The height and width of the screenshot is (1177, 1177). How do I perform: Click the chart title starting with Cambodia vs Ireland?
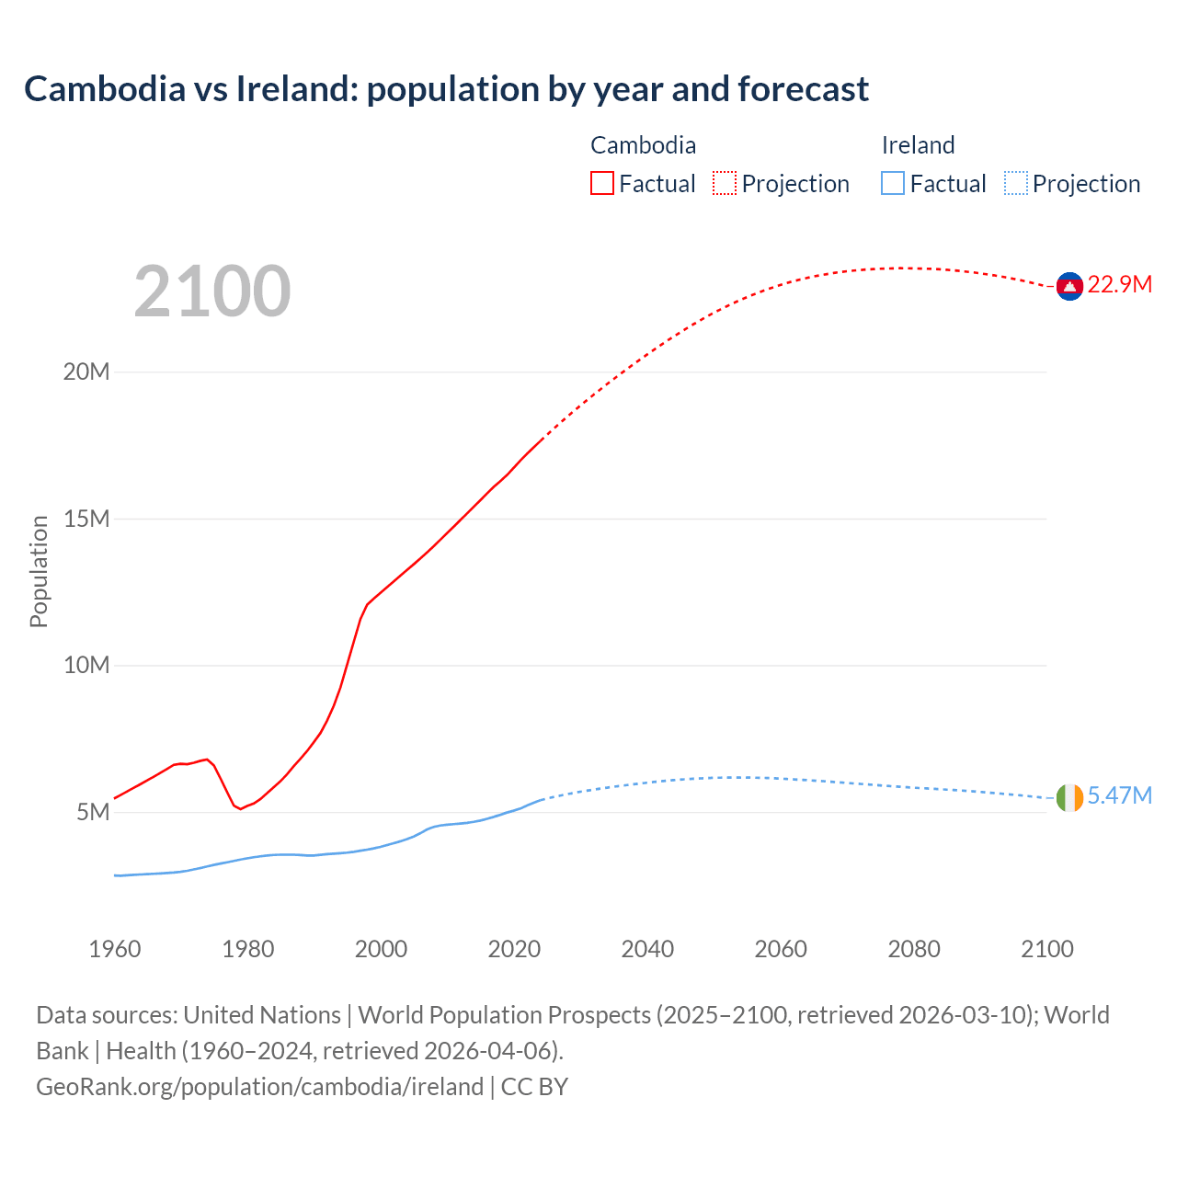(446, 89)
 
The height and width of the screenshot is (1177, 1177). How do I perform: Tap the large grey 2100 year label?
(212, 291)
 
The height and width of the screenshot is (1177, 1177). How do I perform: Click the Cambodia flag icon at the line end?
(1069, 287)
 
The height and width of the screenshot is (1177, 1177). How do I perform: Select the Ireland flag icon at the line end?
(1069, 798)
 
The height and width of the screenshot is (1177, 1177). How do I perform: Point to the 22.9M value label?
(1119, 285)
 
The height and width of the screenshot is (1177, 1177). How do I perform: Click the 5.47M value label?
(1119, 796)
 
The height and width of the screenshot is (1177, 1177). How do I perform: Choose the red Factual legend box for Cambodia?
(602, 184)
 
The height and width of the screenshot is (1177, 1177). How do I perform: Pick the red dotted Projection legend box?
(725, 184)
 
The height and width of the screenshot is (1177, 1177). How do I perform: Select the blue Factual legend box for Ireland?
(893, 184)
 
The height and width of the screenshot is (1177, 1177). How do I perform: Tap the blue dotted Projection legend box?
(1016, 184)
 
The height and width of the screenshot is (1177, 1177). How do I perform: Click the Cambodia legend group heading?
(643, 145)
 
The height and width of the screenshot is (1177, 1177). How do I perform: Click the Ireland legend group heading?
(918, 145)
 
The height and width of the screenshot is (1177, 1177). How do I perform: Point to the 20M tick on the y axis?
(86, 372)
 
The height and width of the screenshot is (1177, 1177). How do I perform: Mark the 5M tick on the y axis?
(93, 813)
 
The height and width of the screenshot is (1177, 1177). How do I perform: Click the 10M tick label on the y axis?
(86, 666)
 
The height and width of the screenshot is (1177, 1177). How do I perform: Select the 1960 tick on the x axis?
(115, 949)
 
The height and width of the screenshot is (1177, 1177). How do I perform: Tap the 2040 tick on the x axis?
(647, 949)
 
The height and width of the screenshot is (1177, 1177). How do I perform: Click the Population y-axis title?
(39, 572)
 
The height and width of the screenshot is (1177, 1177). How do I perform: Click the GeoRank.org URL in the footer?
(259, 1087)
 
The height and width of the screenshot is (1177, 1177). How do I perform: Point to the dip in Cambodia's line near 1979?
(240, 808)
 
